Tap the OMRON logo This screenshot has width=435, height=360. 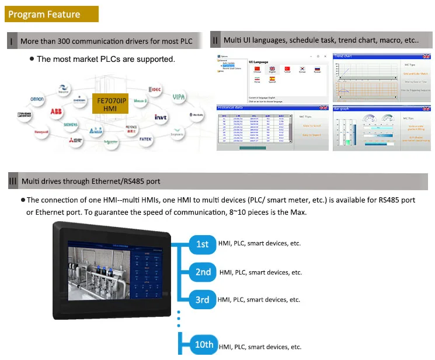click(x=37, y=99)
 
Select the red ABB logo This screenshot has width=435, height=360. click(x=56, y=111)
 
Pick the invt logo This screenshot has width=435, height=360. click(x=161, y=117)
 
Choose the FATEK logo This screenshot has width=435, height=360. click(x=146, y=139)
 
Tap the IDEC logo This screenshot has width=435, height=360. click(x=155, y=89)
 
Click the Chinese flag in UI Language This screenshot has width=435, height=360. click(x=256, y=69)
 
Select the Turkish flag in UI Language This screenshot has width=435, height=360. click(x=287, y=69)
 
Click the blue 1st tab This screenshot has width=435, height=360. click(x=202, y=244)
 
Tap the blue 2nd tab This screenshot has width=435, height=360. click(x=203, y=272)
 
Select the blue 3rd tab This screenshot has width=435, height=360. click(x=202, y=300)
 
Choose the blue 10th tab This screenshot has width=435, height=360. click(x=204, y=344)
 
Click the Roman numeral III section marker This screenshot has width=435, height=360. click(x=12, y=181)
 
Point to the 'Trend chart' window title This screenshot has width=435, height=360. click(x=343, y=56)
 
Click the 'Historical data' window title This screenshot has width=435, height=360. click(x=230, y=107)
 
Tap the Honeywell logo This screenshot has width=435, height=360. click(x=41, y=132)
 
